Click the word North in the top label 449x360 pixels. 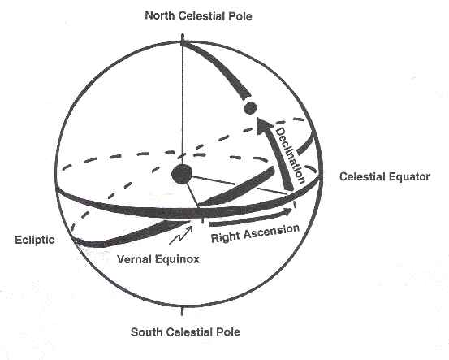[160, 15]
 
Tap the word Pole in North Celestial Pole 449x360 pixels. [241, 16]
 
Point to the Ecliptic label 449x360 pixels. [35, 240]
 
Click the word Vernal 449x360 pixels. [134, 259]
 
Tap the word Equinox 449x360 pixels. [177, 260]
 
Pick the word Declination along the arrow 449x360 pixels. [290, 156]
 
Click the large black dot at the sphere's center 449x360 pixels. [182, 175]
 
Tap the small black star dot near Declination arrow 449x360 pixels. [250, 108]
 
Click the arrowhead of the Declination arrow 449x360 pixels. [263, 125]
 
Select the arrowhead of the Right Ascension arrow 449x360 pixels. [287, 211]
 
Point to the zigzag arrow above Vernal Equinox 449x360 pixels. [181, 235]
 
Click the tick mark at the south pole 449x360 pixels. [182, 310]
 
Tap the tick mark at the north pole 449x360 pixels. [182, 39]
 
